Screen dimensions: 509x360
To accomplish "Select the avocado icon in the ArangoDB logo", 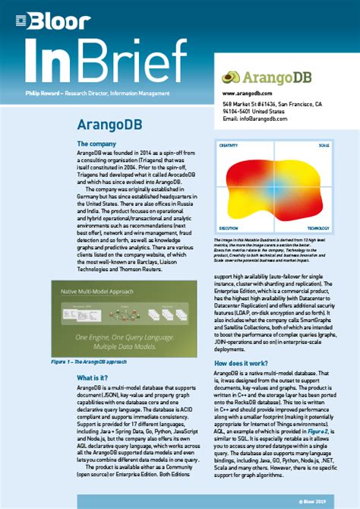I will pyautogui.click(x=230, y=76).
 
